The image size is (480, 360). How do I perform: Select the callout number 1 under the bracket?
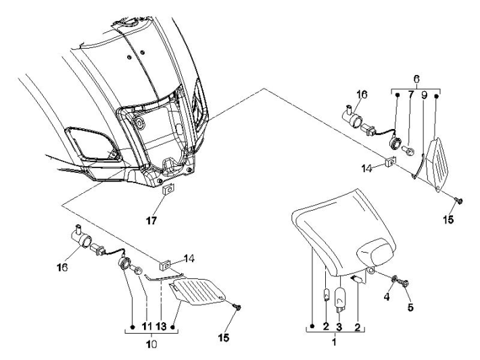pyautogui.click(x=332, y=343)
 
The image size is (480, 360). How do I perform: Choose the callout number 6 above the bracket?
pyautogui.click(x=415, y=78)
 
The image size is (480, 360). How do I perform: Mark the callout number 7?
pyautogui.click(x=410, y=96)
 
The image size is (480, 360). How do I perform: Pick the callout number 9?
pyautogui.click(x=423, y=96)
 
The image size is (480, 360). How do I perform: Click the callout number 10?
pyautogui.click(x=151, y=344)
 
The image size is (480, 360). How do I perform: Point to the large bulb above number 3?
pyautogui.click(x=341, y=295)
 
